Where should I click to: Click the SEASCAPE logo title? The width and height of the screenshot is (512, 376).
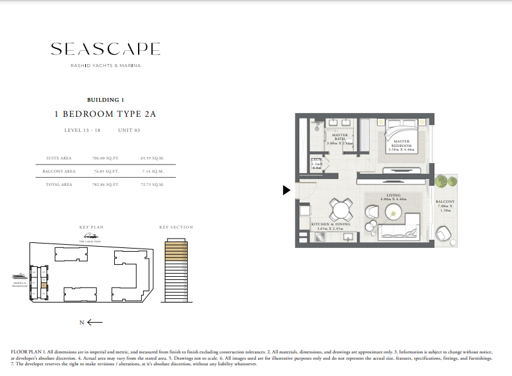coord(105,49)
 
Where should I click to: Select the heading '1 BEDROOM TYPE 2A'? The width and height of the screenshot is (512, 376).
coord(105,114)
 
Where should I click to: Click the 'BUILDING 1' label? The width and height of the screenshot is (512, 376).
coord(105,100)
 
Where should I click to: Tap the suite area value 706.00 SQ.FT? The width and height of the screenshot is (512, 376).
coord(105,158)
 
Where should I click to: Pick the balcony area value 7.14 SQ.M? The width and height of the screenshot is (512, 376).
coord(152,171)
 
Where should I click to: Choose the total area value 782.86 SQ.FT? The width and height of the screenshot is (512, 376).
coord(105,185)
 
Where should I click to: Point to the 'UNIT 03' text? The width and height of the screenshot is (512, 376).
coord(129,131)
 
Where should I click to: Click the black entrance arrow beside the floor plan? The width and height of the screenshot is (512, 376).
coord(287,190)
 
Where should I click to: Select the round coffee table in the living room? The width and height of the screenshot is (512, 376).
coord(393,211)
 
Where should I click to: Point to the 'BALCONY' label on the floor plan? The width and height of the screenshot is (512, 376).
coord(445,202)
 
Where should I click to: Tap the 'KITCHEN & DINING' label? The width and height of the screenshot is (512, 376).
coord(331,224)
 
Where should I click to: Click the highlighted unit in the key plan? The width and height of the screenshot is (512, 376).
coord(43,286)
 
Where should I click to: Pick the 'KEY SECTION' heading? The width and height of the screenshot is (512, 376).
coord(176,227)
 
